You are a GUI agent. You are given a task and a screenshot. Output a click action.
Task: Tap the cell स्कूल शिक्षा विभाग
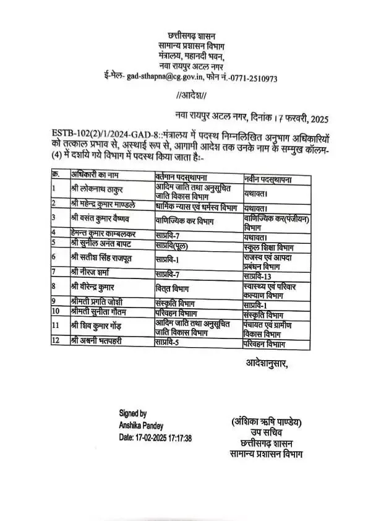[x=263, y=246]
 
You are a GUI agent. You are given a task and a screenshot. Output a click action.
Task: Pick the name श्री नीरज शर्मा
[x=93, y=272]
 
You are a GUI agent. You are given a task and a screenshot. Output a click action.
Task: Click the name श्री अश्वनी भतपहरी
[x=99, y=341]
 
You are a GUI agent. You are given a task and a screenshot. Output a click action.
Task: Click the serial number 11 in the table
[x=56, y=326]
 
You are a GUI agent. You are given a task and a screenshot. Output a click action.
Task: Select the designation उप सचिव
[x=263, y=433]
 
